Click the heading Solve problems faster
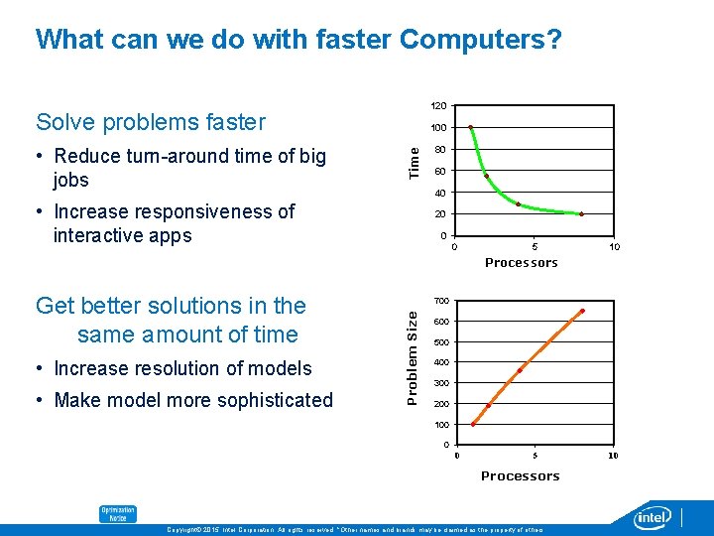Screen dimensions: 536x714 pos(151,122)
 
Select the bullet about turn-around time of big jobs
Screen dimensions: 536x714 pos(188,168)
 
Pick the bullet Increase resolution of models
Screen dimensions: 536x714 pos(182,368)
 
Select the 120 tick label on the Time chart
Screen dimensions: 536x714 pos(437,105)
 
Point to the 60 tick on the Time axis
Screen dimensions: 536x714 pos(440,171)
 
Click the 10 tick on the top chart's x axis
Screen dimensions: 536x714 pos(615,246)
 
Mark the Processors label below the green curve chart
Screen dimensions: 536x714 pos(521,263)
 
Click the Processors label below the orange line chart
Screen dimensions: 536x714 pos(521,476)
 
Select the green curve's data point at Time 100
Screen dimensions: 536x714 pos(470,127)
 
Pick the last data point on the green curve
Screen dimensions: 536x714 pos(582,214)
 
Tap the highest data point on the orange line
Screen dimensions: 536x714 pos(582,311)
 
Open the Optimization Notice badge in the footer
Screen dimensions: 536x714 pos(117,514)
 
